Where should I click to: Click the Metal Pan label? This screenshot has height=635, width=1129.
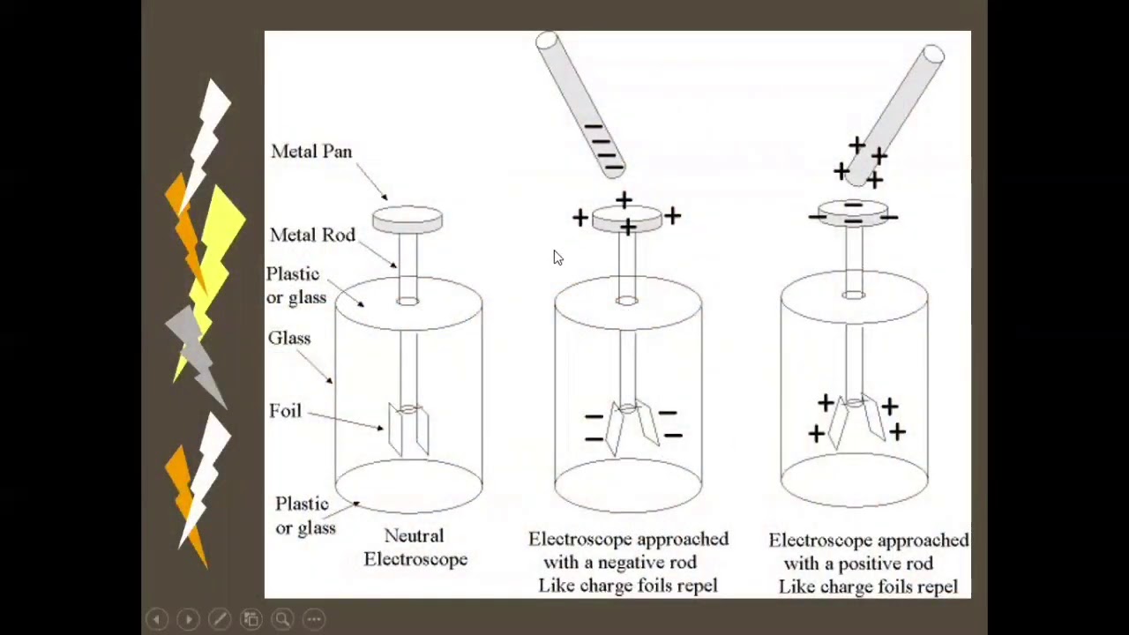pos(311,152)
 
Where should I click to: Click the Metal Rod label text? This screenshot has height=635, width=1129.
pos(312,235)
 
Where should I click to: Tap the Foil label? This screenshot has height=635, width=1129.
pos(285,411)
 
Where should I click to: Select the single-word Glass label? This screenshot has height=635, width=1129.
pos(289,339)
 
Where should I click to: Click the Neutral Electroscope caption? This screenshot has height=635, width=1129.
pos(415,548)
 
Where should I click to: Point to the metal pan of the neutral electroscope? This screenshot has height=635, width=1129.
pos(407,219)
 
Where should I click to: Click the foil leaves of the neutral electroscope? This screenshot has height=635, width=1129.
pos(408,429)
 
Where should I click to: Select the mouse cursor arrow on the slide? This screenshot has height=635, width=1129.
pos(557,258)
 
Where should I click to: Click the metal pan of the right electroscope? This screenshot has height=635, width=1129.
pos(852,213)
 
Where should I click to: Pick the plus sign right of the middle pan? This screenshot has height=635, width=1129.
pos(672,215)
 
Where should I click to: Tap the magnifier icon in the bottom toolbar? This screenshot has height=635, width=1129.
pos(282,619)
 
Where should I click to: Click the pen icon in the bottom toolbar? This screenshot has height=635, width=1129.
pos(220,619)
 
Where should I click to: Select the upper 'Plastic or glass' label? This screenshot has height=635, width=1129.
pos(295,286)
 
